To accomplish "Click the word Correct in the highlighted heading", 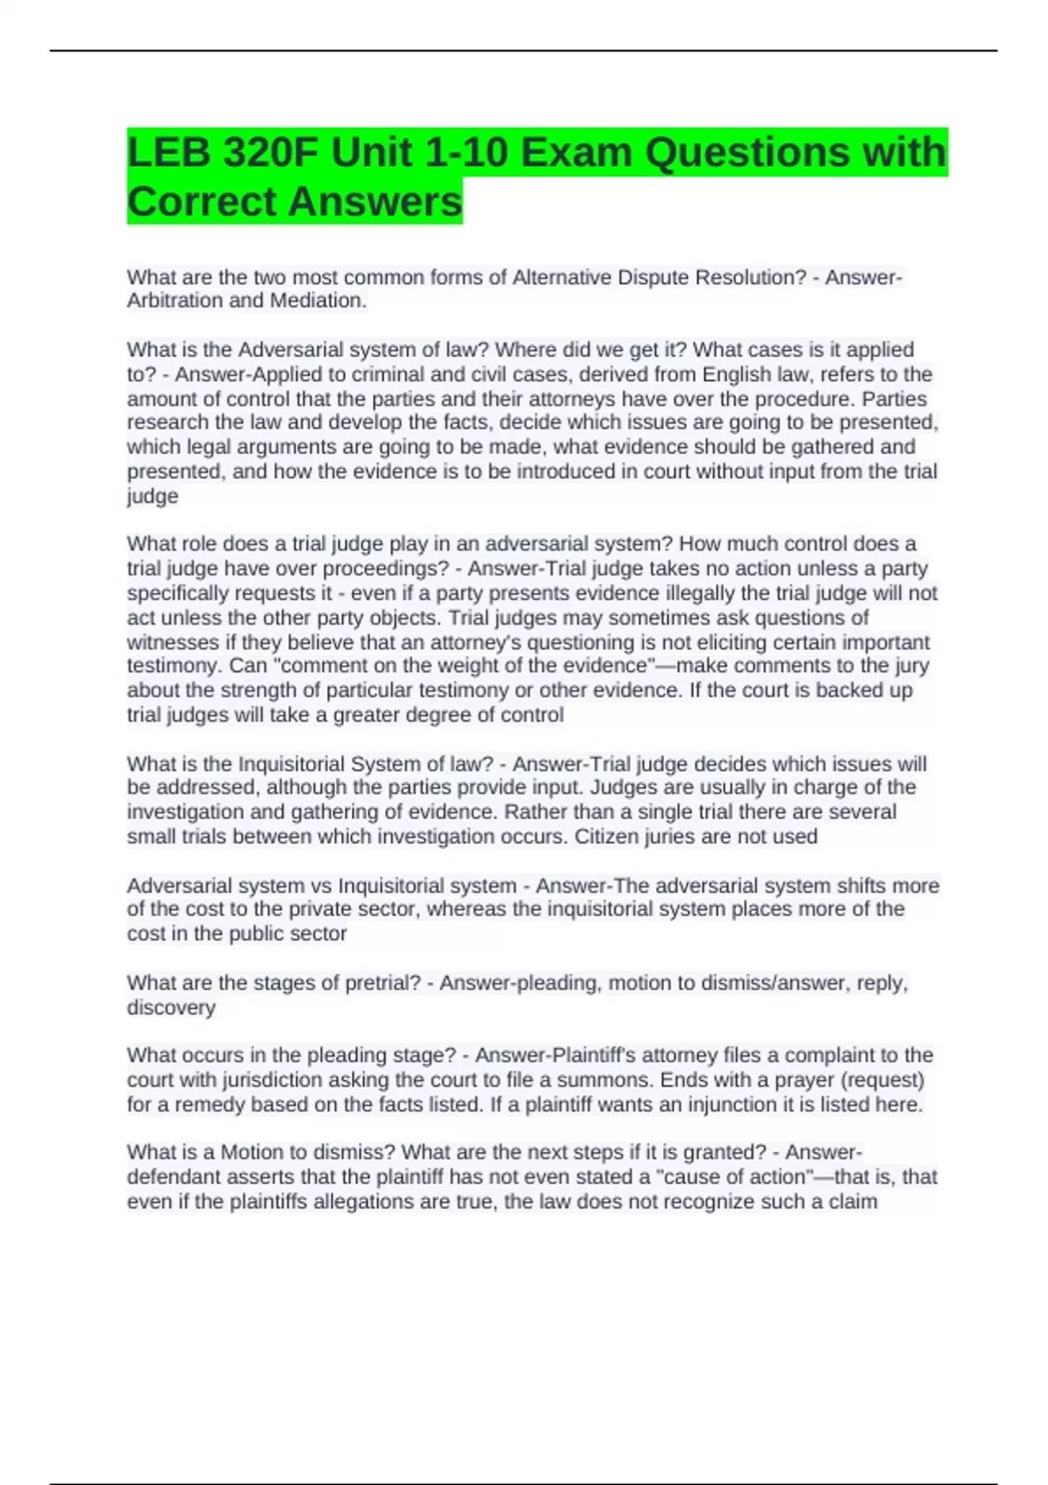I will [202, 203].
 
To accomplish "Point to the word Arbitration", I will [175, 300].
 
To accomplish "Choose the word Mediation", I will [319, 300].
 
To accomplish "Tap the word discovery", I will [171, 1007].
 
